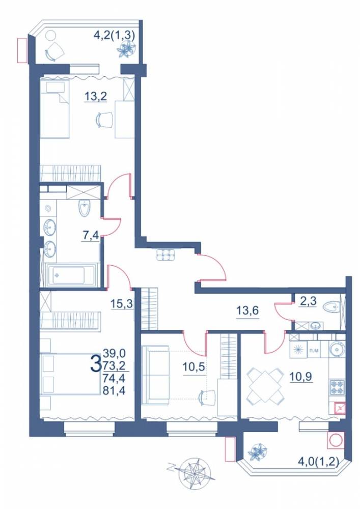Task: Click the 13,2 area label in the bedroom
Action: [96, 96]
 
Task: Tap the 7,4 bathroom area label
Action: [91, 235]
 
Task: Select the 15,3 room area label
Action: [122, 304]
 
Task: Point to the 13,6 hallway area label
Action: [247, 310]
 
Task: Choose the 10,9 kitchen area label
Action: [301, 377]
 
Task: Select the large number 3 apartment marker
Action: [95, 363]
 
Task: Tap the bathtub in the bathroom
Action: [72, 275]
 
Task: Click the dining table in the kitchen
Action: [265, 386]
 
